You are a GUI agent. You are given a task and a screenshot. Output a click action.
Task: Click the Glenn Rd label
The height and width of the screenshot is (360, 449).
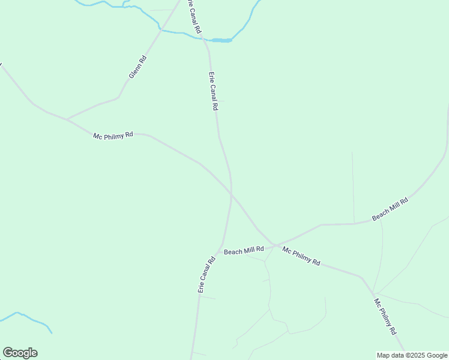[x=137, y=67]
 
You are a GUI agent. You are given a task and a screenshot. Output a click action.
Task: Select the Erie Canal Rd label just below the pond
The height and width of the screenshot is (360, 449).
[x=212, y=91]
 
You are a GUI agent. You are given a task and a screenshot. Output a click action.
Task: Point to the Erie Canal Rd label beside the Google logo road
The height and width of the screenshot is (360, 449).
[x=206, y=275]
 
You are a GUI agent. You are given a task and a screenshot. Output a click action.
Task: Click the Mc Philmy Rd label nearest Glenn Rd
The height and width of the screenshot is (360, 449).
[x=113, y=136]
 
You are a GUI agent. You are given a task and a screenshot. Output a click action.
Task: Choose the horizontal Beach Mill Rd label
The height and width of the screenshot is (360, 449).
[x=244, y=251]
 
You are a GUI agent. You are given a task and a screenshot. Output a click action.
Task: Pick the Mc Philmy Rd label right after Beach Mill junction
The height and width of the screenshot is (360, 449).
[x=301, y=256]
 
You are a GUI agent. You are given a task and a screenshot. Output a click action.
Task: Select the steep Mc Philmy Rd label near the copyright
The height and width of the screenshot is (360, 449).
[x=385, y=316]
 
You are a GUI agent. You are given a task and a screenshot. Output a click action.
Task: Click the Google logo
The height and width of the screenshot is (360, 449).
[x=20, y=353]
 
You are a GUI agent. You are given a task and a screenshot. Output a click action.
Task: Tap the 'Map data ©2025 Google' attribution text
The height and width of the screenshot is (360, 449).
[x=412, y=355]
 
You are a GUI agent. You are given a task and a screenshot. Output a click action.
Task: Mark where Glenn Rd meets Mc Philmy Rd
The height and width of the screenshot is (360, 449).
[x=67, y=119]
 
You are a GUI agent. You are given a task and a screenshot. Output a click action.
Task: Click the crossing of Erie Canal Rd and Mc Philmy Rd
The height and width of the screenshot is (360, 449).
[x=231, y=193]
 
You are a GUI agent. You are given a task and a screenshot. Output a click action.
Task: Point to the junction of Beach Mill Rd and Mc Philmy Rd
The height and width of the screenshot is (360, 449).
[x=274, y=244]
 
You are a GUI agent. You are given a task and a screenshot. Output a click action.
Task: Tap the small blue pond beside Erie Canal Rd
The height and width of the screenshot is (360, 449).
[x=221, y=40]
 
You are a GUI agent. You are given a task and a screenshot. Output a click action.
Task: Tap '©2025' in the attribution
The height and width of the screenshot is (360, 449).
[x=414, y=355]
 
